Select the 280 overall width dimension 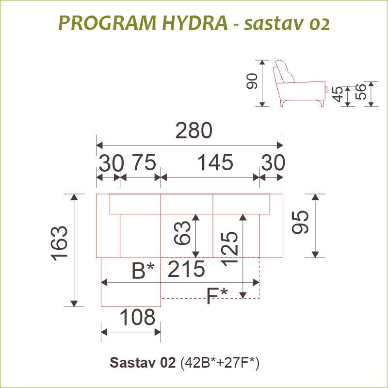tap(194, 130)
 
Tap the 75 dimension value tap(144, 162)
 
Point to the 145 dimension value tap(215, 162)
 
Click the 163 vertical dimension tap(60, 243)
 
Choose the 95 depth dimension tap(300, 222)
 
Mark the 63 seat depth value tap(182, 233)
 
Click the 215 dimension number tap(186, 269)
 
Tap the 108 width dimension tap(138, 317)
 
